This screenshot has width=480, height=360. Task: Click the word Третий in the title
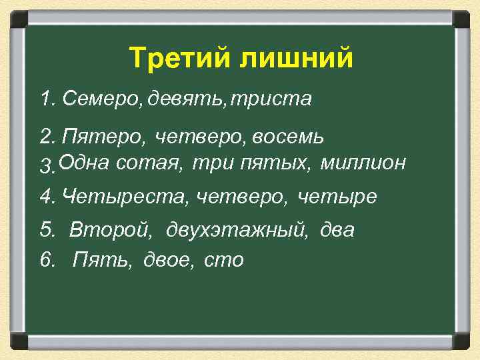click(175, 59)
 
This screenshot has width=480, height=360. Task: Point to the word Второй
click(107, 231)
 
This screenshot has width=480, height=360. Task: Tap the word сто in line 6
click(225, 259)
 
